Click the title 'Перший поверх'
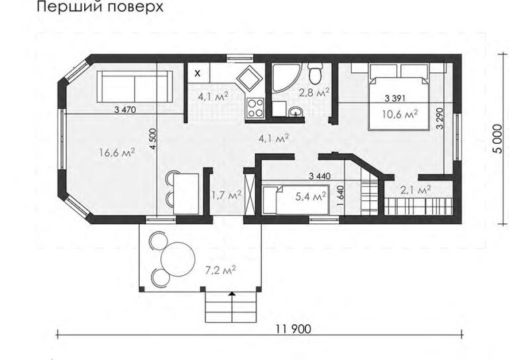[x=100, y=7]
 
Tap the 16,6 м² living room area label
[x=117, y=152]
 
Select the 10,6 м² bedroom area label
[x=400, y=114]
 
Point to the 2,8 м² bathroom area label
[x=314, y=93]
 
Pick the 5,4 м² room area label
[x=311, y=196]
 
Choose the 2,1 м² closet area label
[x=416, y=190]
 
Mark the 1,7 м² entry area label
[x=226, y=196]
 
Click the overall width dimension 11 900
[x=294, y=329]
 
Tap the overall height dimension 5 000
[x=497, y=139]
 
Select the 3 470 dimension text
[x=125, y=109]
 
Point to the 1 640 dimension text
[x=340, y=196]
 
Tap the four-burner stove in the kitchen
[x=255, y=107]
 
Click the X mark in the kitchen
[x=198, y=73]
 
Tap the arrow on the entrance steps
[x=232, y=294]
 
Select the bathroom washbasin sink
[x=296, y=112]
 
